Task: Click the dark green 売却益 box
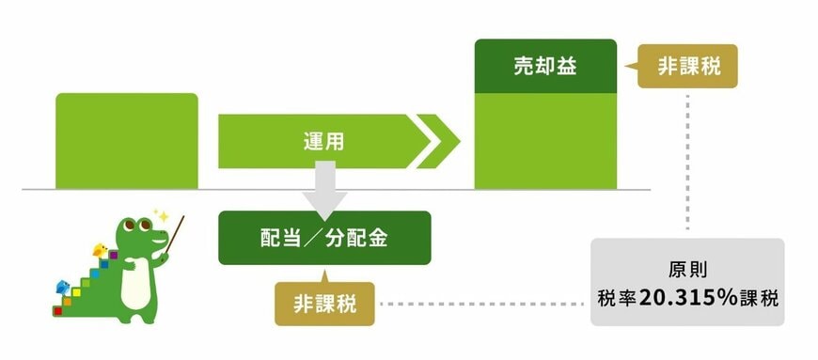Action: [545, 67]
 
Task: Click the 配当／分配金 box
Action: [324, 237]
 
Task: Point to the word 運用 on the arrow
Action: [323, 142]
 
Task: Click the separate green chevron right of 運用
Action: [439, 142]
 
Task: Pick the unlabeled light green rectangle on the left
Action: [127, 141]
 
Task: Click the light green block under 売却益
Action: [545, 141]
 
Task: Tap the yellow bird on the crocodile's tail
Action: [98, 251]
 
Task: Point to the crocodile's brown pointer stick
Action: [173, 235]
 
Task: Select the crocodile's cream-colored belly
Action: [136, 281]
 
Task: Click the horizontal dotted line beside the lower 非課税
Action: [480, 304]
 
